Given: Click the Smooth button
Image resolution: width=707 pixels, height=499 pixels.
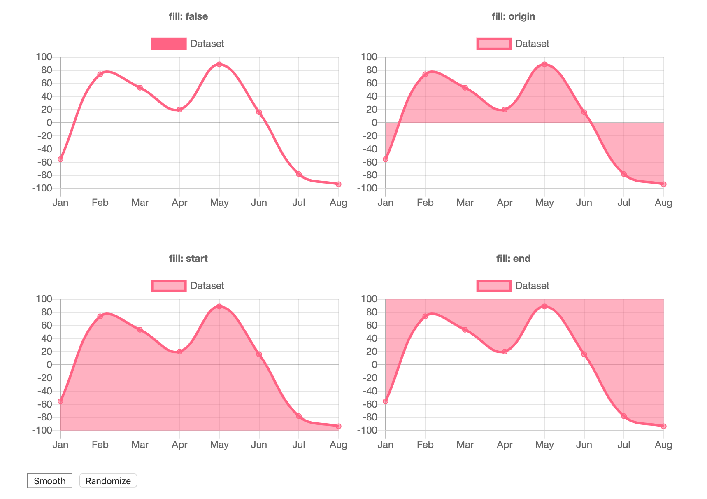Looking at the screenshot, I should point(49,481).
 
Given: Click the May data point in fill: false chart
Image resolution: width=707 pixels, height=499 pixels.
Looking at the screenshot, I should point(219,64).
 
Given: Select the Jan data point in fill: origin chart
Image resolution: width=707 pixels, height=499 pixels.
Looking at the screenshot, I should point(386,159).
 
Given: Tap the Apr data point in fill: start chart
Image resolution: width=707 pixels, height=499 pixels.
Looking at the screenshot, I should point(179,352).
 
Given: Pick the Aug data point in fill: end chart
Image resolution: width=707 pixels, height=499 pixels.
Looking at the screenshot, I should point(663,426).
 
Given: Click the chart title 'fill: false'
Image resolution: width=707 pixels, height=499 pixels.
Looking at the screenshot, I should point(188,16).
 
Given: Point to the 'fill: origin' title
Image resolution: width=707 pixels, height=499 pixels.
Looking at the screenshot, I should point(513,16).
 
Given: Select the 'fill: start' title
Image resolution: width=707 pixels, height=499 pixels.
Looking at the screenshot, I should point(188,259).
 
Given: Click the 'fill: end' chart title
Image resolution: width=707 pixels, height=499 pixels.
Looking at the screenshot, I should point(513,259).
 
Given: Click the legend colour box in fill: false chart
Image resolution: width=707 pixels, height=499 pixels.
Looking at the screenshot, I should point(169,44).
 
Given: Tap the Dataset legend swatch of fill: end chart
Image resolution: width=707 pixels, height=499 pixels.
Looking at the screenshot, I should point(494,286).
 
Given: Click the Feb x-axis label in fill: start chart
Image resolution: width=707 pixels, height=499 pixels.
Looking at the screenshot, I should point(100,445).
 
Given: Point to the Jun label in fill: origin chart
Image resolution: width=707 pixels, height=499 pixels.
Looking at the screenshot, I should point(584,203).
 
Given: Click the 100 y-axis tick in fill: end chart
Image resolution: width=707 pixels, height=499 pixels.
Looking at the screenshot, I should point(369,299).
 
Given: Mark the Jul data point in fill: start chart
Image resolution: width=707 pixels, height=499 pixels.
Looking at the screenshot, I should point(299,416).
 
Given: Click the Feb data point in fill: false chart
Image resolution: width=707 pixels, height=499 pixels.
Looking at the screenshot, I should point(100,74).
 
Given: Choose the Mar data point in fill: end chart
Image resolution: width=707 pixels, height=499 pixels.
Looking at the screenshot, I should point(465,330).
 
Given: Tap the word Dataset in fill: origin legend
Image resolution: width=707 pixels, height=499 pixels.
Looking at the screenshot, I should point(532,44).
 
